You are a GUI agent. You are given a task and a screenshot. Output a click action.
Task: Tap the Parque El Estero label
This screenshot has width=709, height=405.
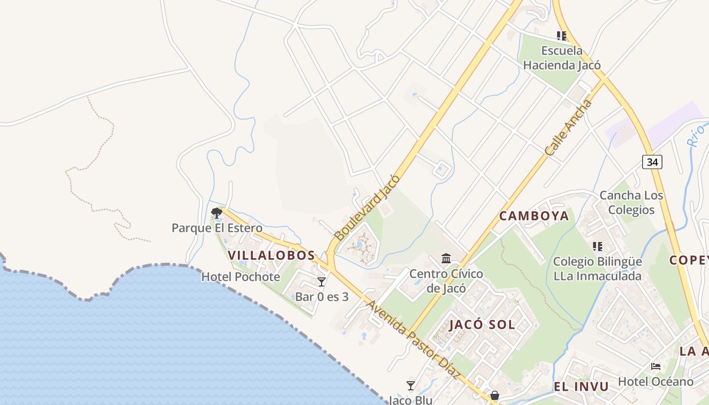[217, 228]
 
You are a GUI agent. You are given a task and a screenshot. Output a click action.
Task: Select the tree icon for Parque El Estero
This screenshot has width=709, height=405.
[217, 213]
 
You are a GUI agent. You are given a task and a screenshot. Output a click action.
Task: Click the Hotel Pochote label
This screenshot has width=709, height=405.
[241, 277]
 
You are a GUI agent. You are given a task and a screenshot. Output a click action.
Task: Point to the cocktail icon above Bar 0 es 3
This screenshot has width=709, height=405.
[321, 282]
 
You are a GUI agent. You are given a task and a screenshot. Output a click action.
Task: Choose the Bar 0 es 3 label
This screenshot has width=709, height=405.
[322, 297]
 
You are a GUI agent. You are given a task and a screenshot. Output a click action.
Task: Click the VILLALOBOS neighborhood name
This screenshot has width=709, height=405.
[271, 255]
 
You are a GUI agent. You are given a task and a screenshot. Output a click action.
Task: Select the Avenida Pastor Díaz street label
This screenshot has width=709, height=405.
[413, 340]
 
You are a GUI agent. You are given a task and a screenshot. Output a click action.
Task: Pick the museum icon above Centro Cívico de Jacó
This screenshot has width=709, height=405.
[446, 259]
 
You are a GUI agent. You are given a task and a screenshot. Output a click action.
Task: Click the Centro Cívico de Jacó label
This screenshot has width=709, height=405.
[446, 281]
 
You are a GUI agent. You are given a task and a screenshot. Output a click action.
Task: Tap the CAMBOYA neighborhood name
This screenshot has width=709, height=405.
[534, 216]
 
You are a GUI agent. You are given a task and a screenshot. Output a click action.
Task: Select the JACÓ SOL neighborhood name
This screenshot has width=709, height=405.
[482, 325]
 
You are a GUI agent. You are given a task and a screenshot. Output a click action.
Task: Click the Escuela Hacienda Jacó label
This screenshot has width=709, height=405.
[562, 58]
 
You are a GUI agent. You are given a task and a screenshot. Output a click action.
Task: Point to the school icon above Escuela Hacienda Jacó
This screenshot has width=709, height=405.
[562, 36]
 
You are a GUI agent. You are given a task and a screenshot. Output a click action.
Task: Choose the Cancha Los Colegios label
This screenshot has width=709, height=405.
[631, 202]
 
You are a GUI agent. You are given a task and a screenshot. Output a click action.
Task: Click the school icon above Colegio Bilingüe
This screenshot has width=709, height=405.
[598, 247]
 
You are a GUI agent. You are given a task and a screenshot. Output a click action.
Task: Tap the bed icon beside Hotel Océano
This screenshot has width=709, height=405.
[656, 367]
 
